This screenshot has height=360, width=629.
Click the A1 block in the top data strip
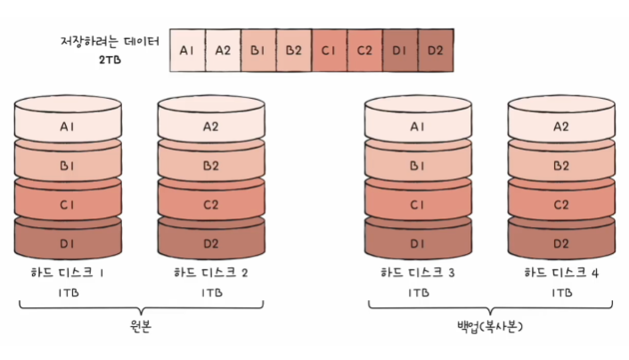pos(187,51)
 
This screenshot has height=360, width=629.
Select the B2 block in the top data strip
pos(293,51)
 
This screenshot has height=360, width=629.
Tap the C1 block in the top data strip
pos(329,51)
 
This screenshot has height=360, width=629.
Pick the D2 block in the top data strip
pos(435,51)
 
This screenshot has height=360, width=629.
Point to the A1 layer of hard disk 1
pos(68,127)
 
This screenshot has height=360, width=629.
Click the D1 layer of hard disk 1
pos(68,243)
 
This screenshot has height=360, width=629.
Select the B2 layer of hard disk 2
pos(211,165)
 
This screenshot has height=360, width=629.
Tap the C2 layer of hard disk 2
pos(211,204)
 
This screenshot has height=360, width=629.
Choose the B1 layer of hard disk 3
pos(418,165)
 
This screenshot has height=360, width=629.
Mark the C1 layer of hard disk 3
pos(418,204)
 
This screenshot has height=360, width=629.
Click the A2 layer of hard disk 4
pos(560,127)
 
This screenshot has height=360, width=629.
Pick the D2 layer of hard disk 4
pos(560,243)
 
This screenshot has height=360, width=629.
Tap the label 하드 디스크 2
pos(210,272)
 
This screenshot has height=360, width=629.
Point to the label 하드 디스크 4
pos(560,272)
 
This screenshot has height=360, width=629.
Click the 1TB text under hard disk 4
pos(561,291)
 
